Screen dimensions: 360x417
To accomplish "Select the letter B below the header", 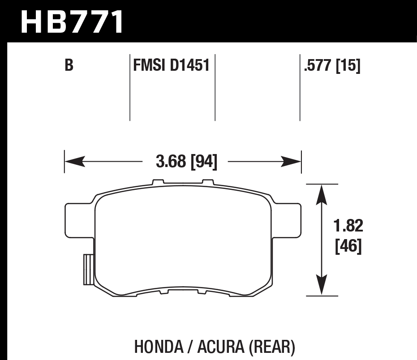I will point(69,66).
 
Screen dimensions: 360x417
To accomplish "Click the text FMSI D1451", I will point(171,66).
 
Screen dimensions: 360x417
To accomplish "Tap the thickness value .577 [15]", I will point(332,66).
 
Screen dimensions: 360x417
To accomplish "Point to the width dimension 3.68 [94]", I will point(186,162).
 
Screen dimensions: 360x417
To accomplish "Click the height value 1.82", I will point(348,226).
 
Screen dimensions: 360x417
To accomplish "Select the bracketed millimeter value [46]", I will point(348,246).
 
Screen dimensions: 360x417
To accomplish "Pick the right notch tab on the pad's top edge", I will point(208,182).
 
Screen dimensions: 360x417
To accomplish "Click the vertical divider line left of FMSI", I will point(130,87).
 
